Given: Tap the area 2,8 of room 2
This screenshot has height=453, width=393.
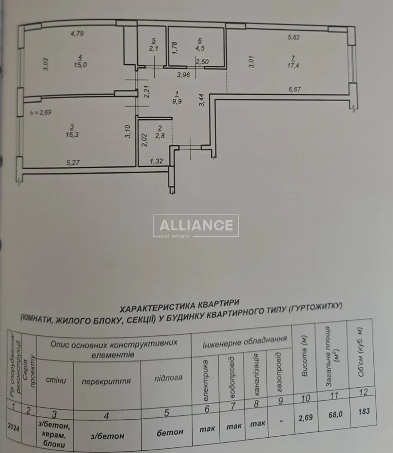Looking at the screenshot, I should click(x=160, y=136).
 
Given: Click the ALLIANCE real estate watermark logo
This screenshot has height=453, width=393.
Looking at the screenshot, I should click(x=196, y=226).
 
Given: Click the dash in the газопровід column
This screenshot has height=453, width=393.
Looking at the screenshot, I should click(x=280, y=421).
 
